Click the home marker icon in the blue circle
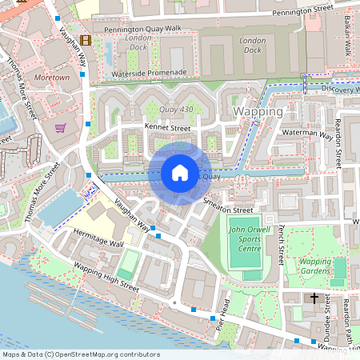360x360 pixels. pyautogui.click(x=180, y=172)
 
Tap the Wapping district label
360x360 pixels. pyautogui.click(x=258, y=111)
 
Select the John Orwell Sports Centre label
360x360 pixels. pyautogui.click(x=245, y=239)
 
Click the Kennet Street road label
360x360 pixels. pyautogui.click(x=166, y=127)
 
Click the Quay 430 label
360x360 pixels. pyautogui.click(x=177, y=109)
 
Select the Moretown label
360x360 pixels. pyautogui.click(x=53, y=78)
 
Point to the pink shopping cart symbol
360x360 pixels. pyautogui.click(x=61, y=127)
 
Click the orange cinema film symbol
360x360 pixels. pyautogui.click(x=85, y=39)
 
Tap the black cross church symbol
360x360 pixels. pyautogui.click(x=314, y=298)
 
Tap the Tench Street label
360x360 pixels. pyautogui.click(x=281, y=244)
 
